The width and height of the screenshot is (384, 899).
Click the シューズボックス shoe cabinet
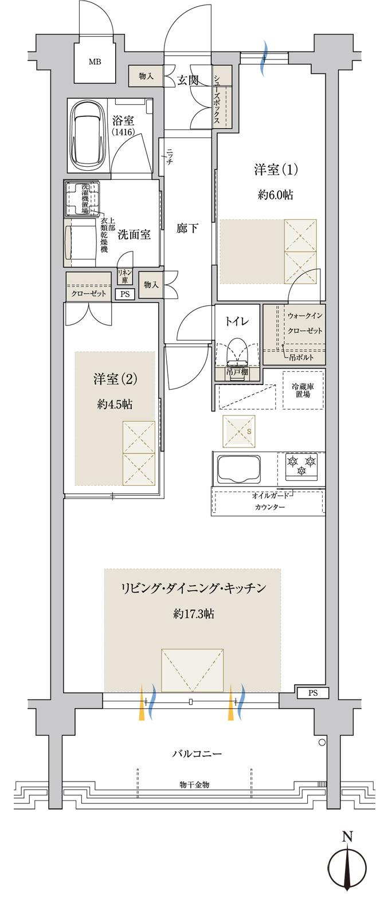click(x=222, y=99)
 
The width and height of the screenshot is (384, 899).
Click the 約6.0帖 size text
click(x=276, y=195)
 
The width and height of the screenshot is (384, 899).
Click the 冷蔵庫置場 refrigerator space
click(x=303, y=390)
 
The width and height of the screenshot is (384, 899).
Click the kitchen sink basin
click(x=237, y=468)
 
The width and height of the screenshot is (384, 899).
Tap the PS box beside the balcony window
click(x=312, y=693)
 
